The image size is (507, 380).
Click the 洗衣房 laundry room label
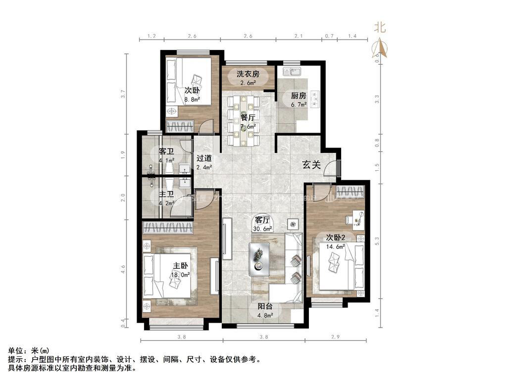pyautogui.click(x=248, y=74)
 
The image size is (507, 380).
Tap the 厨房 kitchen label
pyautogui.click(x=298, y=96)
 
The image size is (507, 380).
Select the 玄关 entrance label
pyautogui.click(x=312, y=166)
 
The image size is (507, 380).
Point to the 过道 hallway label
pyautogui.click(x=204, y=159)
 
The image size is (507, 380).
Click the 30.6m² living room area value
pyautogui.click(x=262, y=229)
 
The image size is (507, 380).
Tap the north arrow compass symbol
pyautogui.click(x=380, y=48)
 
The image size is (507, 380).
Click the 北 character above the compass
pyautogui.click(x=380, y=28)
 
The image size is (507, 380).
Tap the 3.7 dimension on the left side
pyautogui.click(x=123, y=92)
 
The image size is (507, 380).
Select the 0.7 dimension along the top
pyautogui.click(x=329, y=36)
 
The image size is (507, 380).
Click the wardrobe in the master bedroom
pyautogui.click(x=168, y=228)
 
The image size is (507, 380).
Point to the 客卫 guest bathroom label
pyautogui.click(x=166, y=151)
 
